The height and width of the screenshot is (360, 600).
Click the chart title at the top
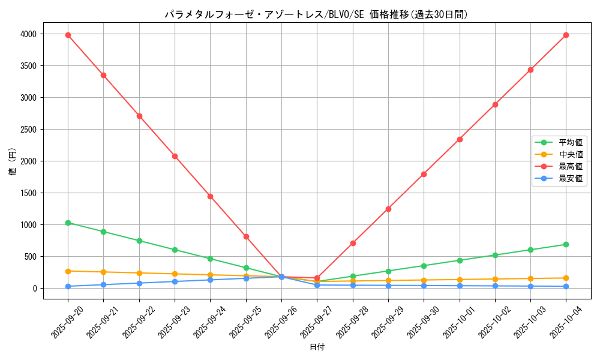[316, 14]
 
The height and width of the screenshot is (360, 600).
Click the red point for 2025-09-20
[68, 35]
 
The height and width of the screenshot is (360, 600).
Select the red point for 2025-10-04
[566, 35]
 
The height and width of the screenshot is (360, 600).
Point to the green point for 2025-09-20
[68, 223]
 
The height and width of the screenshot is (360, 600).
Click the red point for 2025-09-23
[175, 156]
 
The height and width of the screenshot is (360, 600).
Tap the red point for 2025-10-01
[460, 139]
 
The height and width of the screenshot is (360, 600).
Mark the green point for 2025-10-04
[566, 244]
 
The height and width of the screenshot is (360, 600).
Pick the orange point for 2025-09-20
[68, 271]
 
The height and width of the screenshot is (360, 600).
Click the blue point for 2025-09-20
[68, 286]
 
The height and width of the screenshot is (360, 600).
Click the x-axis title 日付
[317, 347]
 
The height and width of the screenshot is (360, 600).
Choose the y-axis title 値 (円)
[13, 162]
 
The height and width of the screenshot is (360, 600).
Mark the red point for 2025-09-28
[353, 243]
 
